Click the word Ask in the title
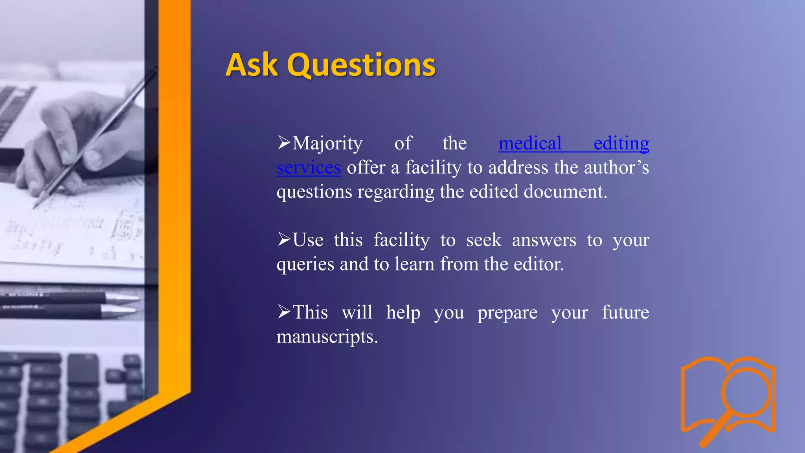[x=252, y=65]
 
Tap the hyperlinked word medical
[x=530, y=143]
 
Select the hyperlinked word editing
[x=621, y=143]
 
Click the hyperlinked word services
[x=309, y=168]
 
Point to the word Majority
[x=327, y=144]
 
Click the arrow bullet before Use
[x=284, y=239]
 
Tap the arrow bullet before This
[x=284, y=312]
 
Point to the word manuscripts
[x=327, y=337]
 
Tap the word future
[x=625, y=313]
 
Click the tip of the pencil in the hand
[x=35, y=207]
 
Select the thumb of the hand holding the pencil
[x=96, y=157]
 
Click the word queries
[x=305, y=265]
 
